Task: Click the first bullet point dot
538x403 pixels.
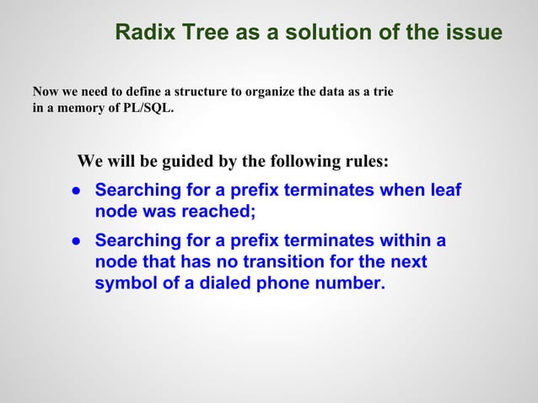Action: tap(75, 191)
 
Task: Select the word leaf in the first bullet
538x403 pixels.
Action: tap(445, 191)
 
